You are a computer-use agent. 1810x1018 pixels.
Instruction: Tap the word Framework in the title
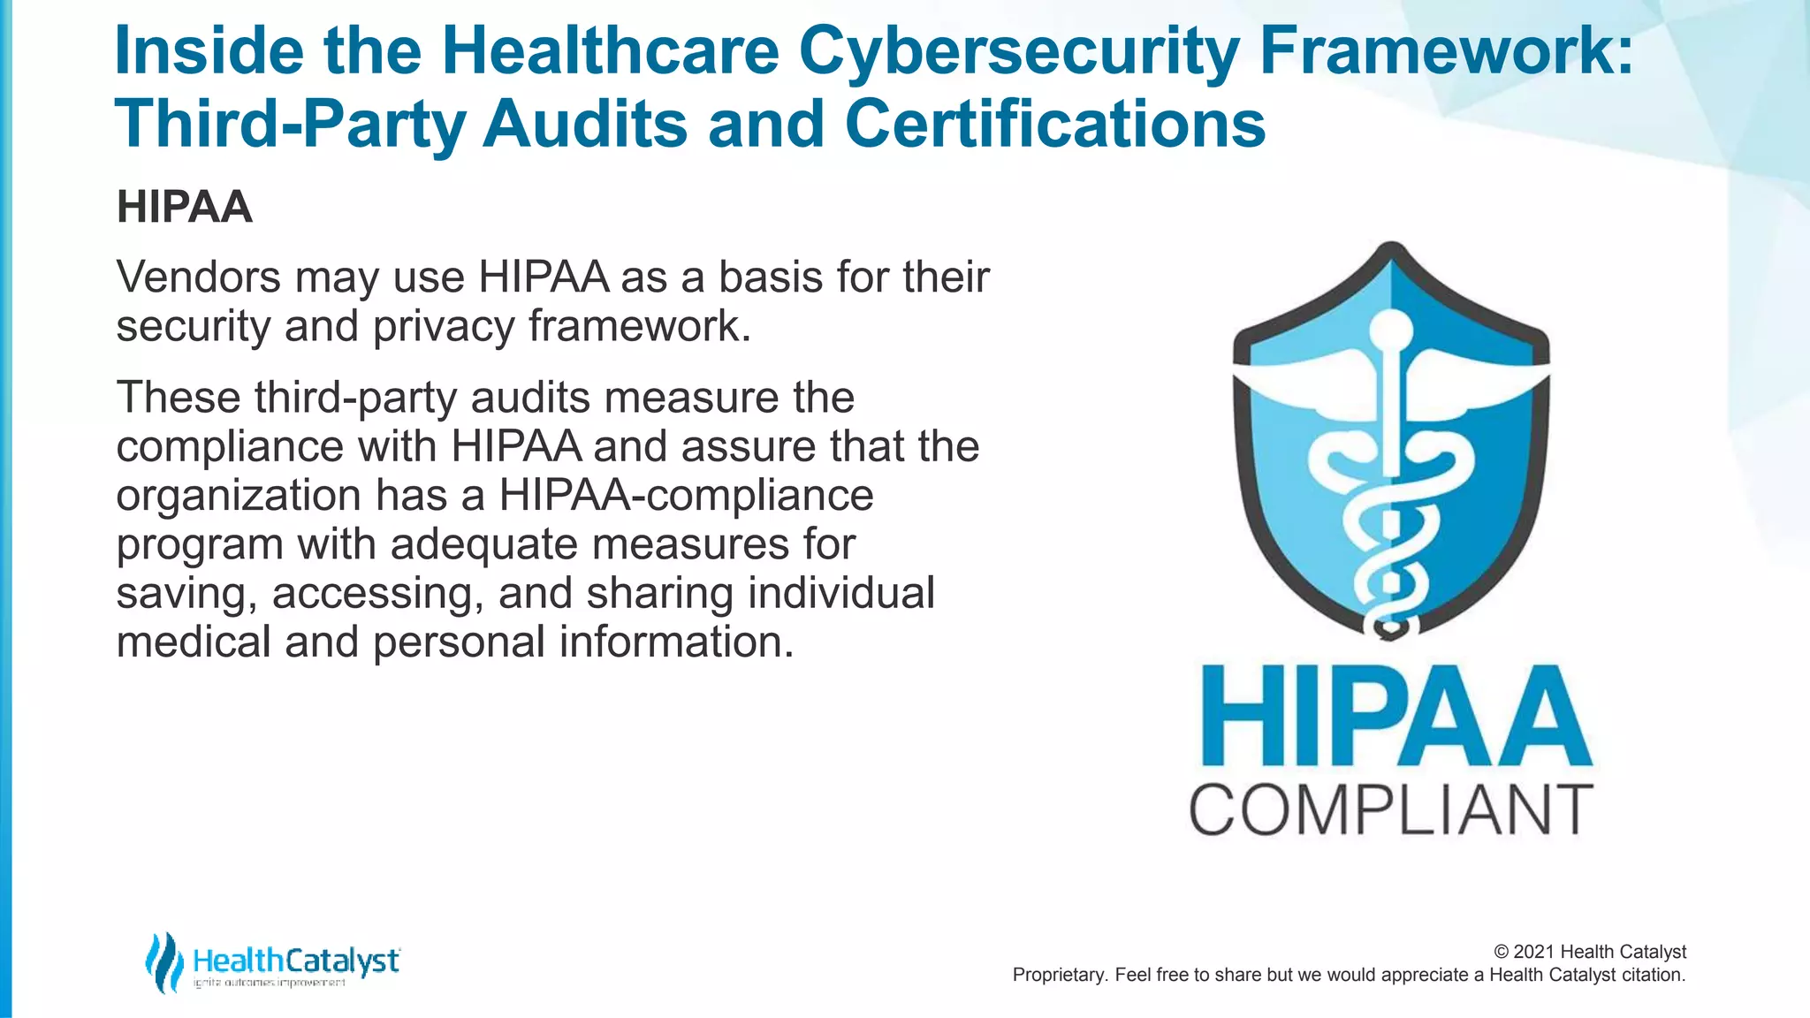tap(1446, 51)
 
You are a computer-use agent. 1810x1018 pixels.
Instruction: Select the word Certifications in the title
tap(1055, 124)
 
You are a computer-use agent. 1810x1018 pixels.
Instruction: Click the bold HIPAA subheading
tap(185, 208)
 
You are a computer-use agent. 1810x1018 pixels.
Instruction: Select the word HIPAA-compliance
tap(686, 495)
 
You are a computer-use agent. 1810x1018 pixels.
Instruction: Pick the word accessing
tap(377, 594)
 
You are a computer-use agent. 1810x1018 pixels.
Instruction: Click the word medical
tap(194, 642)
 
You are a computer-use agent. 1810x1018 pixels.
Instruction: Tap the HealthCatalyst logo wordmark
tap(296, 961)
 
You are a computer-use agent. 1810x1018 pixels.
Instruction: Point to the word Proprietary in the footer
tap(1057, 976)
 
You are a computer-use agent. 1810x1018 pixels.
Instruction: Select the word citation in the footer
tap(1653, 976)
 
